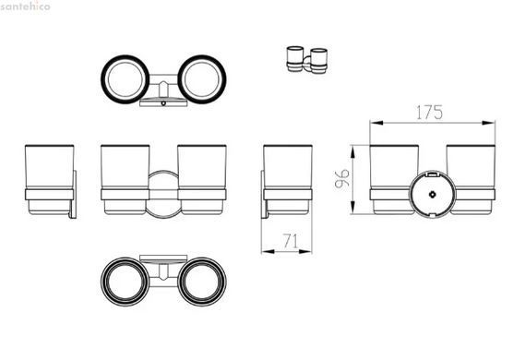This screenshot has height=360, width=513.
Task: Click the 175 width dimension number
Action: [429, 113]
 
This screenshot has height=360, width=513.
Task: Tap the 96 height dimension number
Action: [342, 179]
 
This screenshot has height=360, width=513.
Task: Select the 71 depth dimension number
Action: [291, 241]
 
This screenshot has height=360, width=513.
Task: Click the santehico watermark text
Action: [25, 6]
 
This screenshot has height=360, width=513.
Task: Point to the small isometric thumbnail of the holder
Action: [307, 60]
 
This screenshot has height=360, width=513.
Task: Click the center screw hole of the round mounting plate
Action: [432, 195]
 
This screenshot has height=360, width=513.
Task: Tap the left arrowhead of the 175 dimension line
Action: [376, 123]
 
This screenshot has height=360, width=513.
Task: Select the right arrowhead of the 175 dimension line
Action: [489, 123]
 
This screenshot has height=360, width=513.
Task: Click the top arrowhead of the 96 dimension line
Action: [353, 152]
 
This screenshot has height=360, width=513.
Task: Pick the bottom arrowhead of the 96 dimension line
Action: [353, 208]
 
